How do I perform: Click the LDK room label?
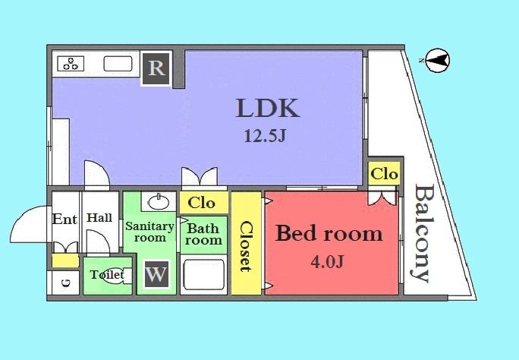click(x=268, y=108)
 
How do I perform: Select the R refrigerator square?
click(x=156, y=68)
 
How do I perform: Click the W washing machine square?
click(x=156, y=274)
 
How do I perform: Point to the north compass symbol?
click(x=436, y=59)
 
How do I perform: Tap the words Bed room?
click(x=328, y=233)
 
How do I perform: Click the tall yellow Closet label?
click(x=245, y=245)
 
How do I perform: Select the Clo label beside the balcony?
click(x=384, y=174)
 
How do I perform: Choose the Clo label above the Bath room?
click(x=201, y=203)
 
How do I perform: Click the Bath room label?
click(x=203, y=234)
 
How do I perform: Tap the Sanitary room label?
click(x=149, y=232)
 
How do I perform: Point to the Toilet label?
click(x=107, y=274)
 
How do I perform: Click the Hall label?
click(x=99, y=218)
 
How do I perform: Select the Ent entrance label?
click(x=64, y=219)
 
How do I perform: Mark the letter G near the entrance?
click(x=64, y=283)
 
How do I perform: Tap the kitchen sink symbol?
click(x=118, y=64)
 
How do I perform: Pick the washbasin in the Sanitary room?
click(x=158, y=202)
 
